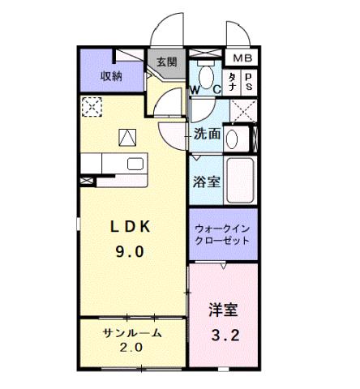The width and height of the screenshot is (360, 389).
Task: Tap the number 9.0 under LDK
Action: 127,251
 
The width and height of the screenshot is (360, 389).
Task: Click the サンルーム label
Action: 132,333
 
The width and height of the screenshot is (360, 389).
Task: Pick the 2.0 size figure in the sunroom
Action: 132,348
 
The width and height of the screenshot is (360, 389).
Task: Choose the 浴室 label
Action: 206,182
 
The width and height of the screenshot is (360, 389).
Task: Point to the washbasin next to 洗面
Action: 233,139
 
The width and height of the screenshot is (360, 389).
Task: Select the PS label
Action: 248,81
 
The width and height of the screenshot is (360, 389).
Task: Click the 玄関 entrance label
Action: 166,62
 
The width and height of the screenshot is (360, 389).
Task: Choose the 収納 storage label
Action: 111,75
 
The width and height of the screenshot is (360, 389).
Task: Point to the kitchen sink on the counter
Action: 134,165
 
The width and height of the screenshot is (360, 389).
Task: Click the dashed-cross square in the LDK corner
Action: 92,107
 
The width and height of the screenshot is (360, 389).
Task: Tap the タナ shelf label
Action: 231,81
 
